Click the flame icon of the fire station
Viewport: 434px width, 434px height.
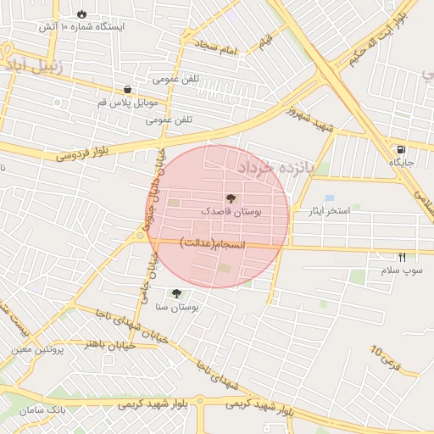[81, 14]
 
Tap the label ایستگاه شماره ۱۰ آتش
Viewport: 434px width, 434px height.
[81, 26]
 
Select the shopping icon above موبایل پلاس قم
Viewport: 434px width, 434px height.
[127, 89]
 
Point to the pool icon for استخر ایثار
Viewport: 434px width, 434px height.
[329, 198]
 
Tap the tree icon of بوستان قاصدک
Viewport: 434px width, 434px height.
[231, 197]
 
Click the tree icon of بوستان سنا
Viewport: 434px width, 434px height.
[176, 294]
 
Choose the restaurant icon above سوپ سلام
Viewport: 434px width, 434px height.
[402, 258]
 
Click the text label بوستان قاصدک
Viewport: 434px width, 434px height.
[231, 209]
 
